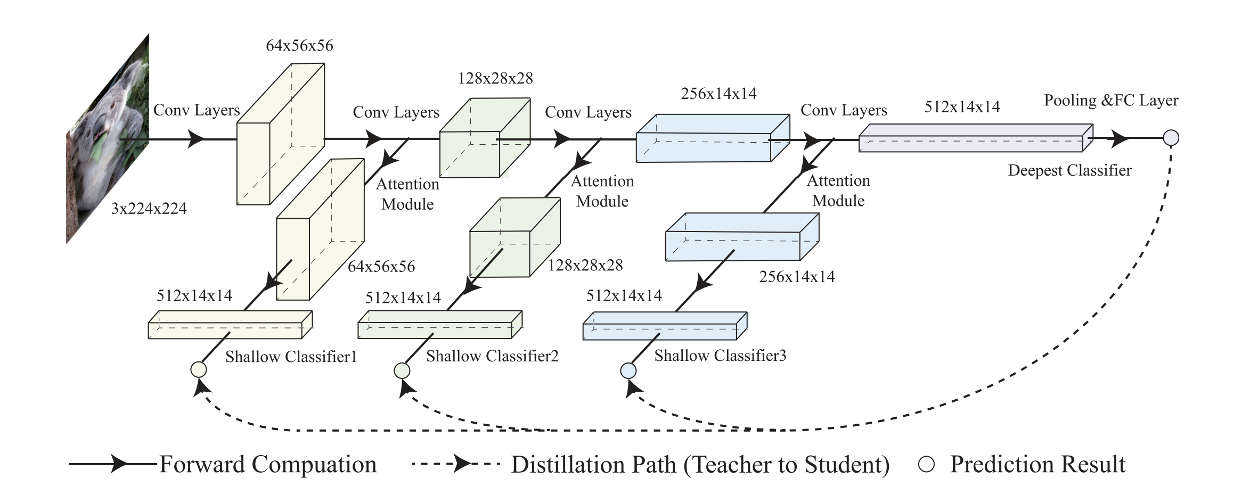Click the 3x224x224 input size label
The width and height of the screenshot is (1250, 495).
[149, 209]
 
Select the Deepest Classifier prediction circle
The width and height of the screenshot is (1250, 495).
[1171, 138]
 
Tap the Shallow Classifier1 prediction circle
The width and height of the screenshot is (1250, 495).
[199, 369]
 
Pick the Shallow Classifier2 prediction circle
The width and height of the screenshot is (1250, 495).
[402, 370]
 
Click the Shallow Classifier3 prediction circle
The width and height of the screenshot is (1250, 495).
[628, 370]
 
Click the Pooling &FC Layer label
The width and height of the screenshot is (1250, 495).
[1111, 101]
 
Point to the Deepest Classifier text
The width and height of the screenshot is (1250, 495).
[1069, 171]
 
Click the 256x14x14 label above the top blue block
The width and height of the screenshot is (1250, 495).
[718, 94]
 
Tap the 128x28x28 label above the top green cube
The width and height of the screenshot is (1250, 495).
[495, 79]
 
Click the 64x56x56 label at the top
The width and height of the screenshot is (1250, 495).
[299, 46]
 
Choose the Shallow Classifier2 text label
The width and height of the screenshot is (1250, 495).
[492, 356]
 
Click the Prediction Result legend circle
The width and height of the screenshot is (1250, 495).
[927, 465]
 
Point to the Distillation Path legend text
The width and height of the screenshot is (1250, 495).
[700, 465]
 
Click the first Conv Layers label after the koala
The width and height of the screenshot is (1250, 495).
[197, 110]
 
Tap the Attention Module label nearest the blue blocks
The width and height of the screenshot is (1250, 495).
[838, 191]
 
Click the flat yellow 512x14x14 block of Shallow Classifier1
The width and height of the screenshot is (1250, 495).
[229, 326]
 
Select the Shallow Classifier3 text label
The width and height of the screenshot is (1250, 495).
[720, 356]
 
